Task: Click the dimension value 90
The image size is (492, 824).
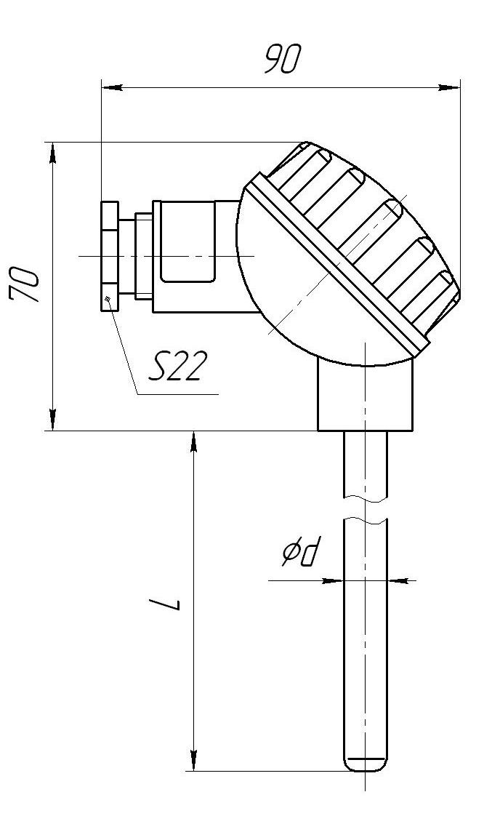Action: [x=282, y=59]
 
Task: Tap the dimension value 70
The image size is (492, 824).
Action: [x=25, y=285]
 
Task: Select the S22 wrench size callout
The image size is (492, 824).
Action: [x=175, y=366]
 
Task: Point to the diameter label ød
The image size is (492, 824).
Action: [x=300, y=554]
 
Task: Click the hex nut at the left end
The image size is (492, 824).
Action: [x=110, y=256]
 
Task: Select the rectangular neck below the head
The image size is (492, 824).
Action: [x=365, y=395]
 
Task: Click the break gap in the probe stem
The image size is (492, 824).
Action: [x=366, y=508]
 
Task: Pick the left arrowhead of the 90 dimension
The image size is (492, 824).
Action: [x=111, y=87]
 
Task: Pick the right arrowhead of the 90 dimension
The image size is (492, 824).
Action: [x=449, y=87]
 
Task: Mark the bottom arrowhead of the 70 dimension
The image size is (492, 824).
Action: [x=52, y=420]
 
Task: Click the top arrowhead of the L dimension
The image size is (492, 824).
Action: [x=194, y=442]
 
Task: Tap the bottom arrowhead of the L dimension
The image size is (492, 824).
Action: [x=194, y=761]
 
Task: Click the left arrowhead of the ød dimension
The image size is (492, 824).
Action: [x=332, y=580]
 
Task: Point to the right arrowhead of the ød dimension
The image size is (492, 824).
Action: [x=398, y=580]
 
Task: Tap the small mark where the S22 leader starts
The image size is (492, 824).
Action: [x=108, y=300]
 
